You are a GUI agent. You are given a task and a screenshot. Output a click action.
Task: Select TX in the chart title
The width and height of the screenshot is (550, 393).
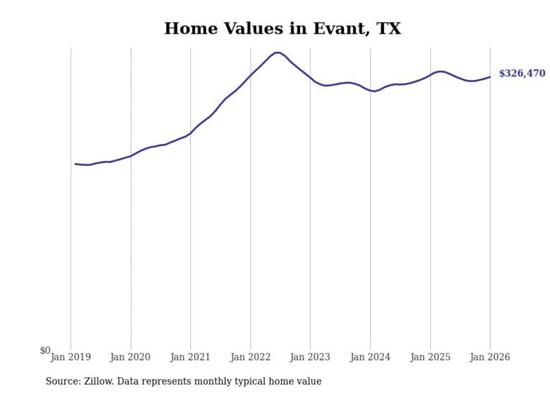388,29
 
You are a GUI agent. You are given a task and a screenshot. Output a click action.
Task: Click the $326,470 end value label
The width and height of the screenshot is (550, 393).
522,74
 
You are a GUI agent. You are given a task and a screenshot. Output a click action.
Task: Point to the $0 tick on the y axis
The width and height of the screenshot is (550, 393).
45,351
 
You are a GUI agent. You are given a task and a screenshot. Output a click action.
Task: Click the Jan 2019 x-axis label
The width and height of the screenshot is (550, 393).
71,357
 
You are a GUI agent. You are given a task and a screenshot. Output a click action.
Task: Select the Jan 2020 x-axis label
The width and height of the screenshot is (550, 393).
131,357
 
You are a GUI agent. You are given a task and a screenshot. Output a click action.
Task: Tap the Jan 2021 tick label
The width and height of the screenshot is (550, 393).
190,357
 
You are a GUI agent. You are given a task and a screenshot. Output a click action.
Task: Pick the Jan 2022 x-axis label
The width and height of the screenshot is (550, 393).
250,357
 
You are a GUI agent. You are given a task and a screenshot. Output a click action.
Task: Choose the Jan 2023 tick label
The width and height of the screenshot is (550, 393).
310,357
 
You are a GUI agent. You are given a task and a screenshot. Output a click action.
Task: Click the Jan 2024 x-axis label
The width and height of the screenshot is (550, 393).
370,357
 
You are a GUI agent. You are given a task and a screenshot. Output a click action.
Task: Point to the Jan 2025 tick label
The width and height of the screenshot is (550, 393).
430,357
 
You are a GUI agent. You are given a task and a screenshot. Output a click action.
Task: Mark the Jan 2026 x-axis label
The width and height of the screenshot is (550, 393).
490,357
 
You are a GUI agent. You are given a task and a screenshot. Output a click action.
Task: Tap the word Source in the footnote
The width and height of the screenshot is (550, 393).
62,381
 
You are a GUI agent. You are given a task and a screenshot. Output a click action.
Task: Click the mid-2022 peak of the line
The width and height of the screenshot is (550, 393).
277,53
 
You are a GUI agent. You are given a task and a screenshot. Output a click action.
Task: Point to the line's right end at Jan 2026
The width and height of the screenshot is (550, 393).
490,77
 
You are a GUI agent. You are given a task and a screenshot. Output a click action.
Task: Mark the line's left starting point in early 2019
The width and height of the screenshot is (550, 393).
75,164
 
